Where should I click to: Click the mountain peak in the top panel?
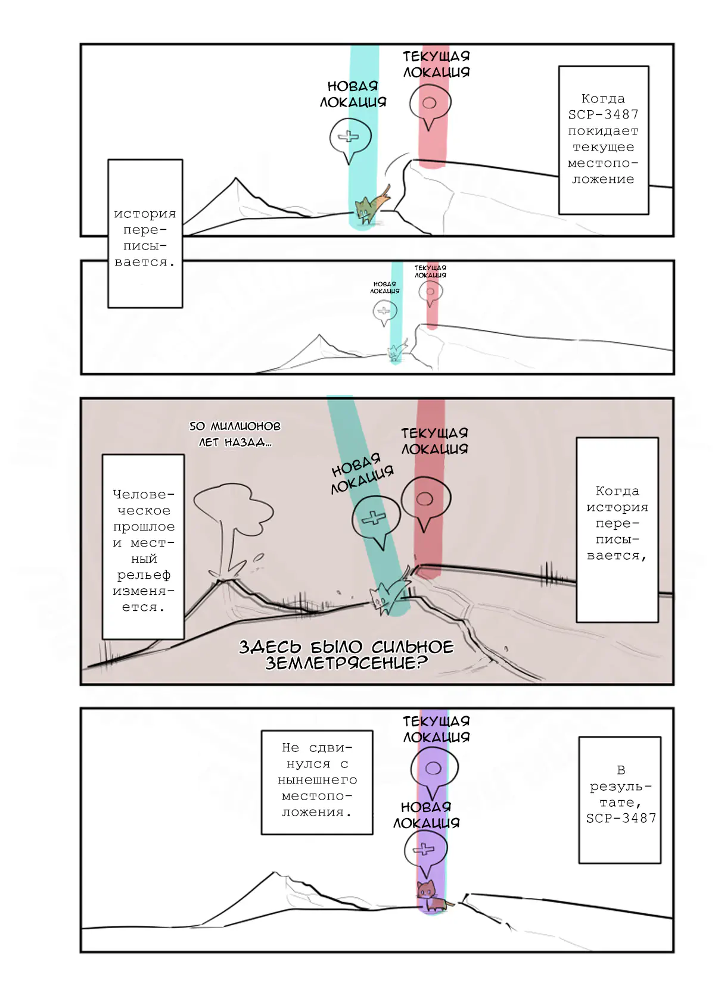tap(235, 178)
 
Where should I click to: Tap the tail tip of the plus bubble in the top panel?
tap(349, 164)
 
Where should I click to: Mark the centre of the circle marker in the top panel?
tap(429, 103)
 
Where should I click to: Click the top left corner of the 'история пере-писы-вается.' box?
tap(108, 160)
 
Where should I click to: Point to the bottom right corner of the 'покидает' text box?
tap(648, 214)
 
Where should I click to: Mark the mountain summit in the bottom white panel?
tap(274, 872)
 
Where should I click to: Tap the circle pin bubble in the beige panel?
tap(425, 504)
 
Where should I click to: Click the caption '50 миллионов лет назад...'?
tap(235, 434)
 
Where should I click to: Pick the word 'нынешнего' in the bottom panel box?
tap(317, 780)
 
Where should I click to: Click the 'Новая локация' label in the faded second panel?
tap(384, 287)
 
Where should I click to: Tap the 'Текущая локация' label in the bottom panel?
tap(436, 729)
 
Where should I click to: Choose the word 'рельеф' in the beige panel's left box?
tap(143, 575)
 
